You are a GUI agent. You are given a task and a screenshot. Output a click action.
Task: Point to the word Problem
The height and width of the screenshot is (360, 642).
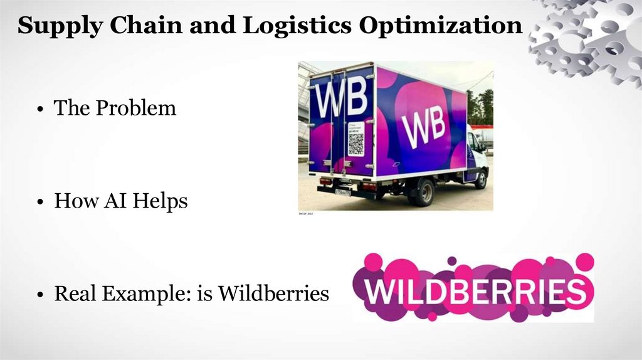pos(135,108)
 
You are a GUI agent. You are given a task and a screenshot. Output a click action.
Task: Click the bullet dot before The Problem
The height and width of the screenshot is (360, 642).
pos(39,109)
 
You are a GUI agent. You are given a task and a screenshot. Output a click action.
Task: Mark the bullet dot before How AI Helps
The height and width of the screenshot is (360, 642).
pos(39,203)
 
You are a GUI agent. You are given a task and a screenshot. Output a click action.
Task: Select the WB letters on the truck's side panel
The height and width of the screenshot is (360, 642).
pos(423,125)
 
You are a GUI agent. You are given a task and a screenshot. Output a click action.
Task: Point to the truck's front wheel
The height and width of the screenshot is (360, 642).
pos(481,179)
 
